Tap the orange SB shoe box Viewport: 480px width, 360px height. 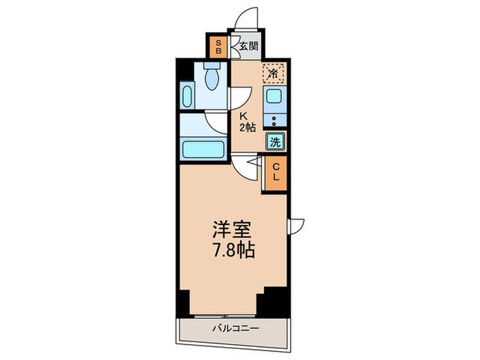[219, 47]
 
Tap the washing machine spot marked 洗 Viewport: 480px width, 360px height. [275, 143]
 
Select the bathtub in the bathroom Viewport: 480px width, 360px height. [204, 149]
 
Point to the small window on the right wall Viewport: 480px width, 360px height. [296, 225]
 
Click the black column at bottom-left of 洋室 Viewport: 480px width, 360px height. [182, 300]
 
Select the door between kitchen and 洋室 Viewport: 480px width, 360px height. [245, 165]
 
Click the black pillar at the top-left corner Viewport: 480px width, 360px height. [182, 71]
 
